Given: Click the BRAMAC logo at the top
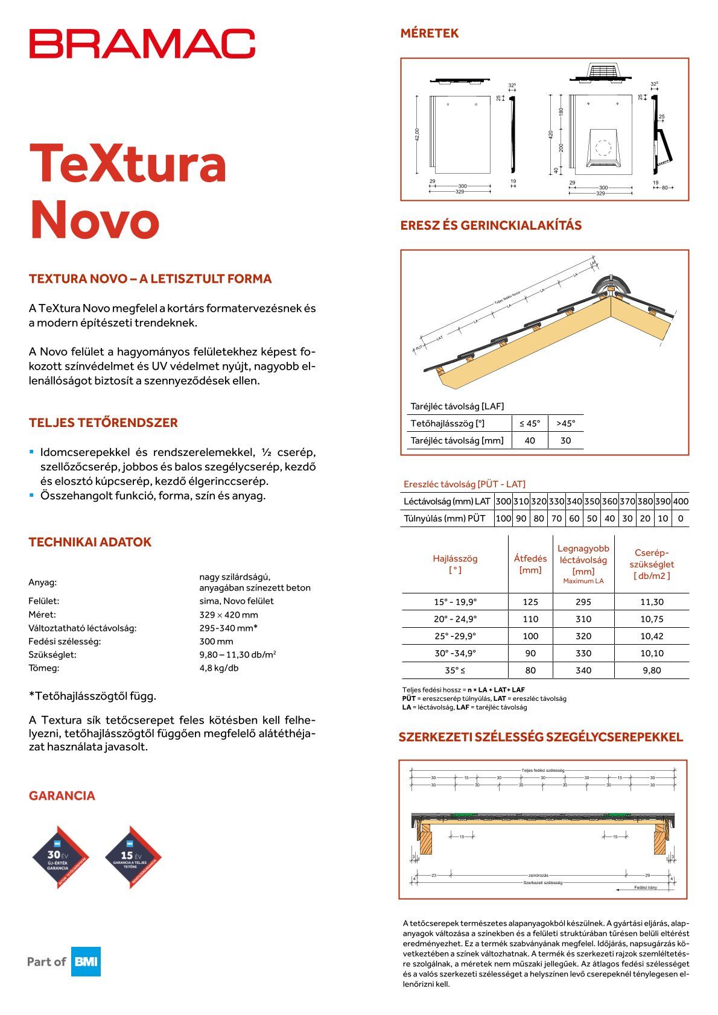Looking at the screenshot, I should pos(142,43).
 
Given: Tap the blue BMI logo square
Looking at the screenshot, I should pos(86,961).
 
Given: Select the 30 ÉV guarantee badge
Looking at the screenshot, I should pos(60,857).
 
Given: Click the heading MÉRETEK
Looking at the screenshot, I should pos(430,34).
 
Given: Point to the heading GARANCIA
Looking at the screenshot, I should pos(62,795).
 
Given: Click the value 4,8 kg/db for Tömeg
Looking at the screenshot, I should pos(219,668).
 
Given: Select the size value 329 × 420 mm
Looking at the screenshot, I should pos(229,615).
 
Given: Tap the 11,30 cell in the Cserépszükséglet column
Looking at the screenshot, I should pos(652,602).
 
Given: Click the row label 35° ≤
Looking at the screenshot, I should pos(455,670).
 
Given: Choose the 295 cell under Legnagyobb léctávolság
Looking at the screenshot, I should pos(583,602).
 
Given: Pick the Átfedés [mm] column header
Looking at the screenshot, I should pos(530,564).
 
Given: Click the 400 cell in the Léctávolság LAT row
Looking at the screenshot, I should pos(681,501).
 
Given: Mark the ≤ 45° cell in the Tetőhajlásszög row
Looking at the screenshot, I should pos(530,423).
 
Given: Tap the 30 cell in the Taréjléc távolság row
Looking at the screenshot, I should pos(565,440).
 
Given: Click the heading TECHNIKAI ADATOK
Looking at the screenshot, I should pos(90,542).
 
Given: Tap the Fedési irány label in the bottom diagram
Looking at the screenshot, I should pos(645,887).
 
